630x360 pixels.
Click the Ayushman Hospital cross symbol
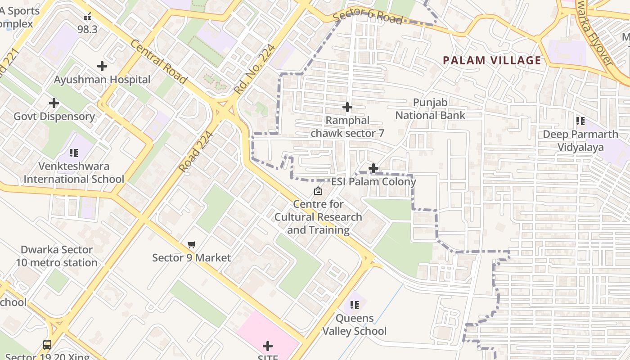point(102,66)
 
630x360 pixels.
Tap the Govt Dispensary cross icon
point(54,103)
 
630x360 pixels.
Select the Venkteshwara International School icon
point(74,153)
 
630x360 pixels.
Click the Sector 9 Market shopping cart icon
point(192,244)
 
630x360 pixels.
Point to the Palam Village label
point(492,60)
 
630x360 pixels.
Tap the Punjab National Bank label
point(430,109)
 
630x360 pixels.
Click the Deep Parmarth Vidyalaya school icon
point(580,121)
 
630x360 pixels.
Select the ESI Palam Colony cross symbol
point(373,168)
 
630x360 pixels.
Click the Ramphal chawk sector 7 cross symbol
point(347,107)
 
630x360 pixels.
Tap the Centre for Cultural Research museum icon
point(318,191)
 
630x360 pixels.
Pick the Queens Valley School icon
point(355,305)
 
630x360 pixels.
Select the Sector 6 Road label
point(368,16)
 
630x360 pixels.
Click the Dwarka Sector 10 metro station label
point(57,256)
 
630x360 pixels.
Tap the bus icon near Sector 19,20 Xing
point(47,345)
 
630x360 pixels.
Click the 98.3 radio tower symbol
point(87,17)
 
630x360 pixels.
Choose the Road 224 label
point(195,152)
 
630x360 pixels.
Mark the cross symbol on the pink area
point(268,346)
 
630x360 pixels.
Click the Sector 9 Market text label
point(191,258)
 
